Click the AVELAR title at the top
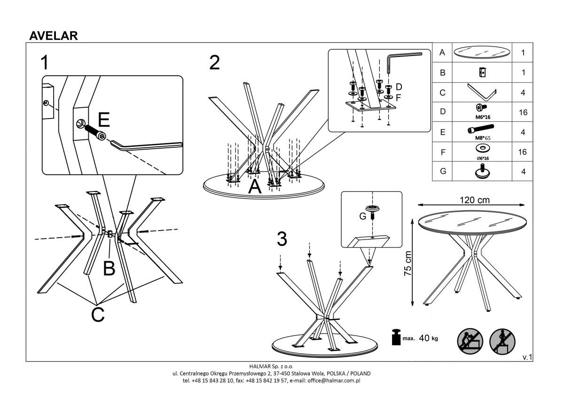click(x=54, y=36)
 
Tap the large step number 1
click(x=45, y=63)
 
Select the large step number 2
click(x=214, y=63)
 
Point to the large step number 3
click(x=282, y=239)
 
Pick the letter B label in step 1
click(x=109, y=268)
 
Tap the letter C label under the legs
click(x=97, y=314)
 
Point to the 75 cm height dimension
click(x=407, y=263)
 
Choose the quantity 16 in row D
click(x=523, y=112)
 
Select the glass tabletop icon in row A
click(x=481, y=53)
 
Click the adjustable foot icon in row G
click(x=481, y=172)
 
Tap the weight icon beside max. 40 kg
click(x=396, y=337)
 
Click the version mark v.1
click(x=527, y=357)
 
